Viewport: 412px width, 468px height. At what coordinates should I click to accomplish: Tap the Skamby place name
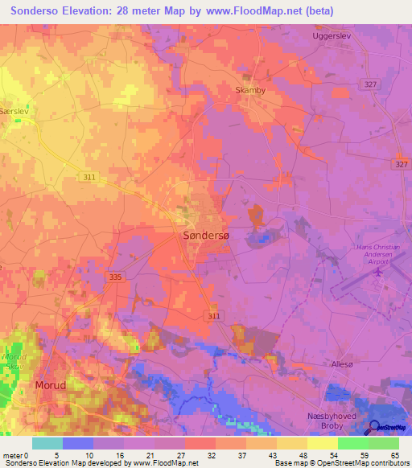click(249, 91)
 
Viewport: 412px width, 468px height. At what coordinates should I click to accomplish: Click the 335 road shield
click(115, 277)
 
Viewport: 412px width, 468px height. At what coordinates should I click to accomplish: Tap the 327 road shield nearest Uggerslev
click(370, 84)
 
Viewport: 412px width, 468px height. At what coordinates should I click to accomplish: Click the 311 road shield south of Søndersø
click(213, 317)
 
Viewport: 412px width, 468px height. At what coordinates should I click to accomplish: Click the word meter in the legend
click(13, 454)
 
